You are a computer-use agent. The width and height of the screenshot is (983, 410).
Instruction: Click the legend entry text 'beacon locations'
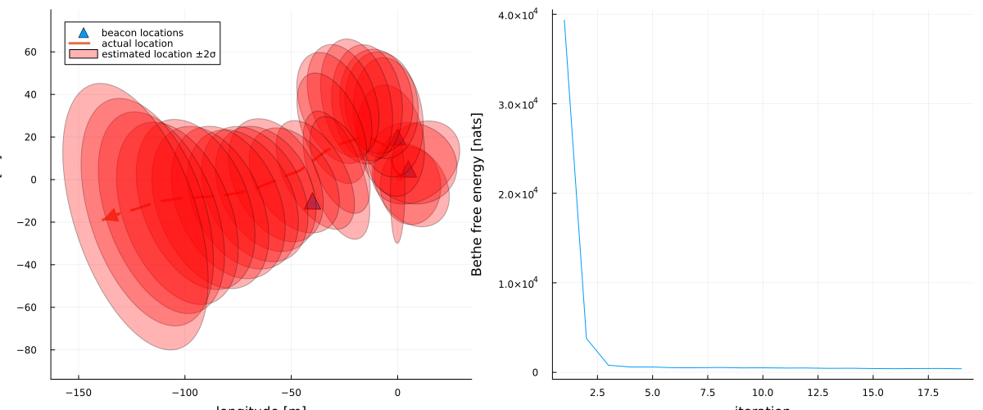pyautogui.click(x=142, y=32)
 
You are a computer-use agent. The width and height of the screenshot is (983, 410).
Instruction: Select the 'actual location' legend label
pyautogui.click(x=137, y=43)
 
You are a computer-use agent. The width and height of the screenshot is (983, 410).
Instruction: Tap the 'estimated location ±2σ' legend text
pyautogui.click(x=164, y=54)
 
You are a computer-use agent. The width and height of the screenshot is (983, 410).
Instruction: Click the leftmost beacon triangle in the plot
pyautogui.click(x=312, y=202)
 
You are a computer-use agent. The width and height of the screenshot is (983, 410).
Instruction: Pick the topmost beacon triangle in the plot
pyautogui.click(x=398, y=138)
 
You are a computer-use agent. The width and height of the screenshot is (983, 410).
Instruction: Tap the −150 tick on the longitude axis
pyautogui.click(x=78, y=393)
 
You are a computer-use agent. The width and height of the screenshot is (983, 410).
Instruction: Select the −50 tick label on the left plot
pyautogui.click(x=291, y=393)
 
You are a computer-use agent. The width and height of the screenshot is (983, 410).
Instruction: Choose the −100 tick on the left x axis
pyautogui.click(x=184, y=393)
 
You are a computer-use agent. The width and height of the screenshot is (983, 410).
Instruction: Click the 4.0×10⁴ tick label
pyautogui.click(x=521, y=16)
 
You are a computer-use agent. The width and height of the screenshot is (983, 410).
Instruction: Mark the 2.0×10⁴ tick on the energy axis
pyautogui.click(x=521, y=194)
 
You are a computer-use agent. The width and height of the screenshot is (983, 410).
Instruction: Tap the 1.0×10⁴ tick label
pyautogui.click(x=521, y=283)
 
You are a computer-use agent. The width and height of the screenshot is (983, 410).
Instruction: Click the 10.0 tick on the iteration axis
pyautogui.click(x=763, y=393)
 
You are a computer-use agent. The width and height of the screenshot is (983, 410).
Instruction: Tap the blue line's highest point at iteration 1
pyautogui.click(x=564, y=20)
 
